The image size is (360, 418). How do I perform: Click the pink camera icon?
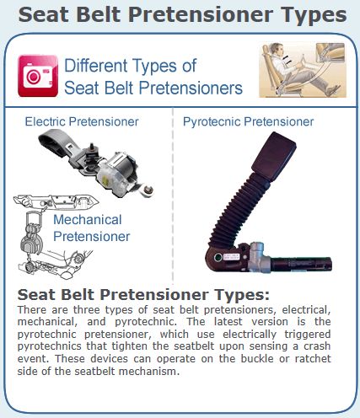point(38,76)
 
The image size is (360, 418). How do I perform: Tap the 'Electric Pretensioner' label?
point(82,121)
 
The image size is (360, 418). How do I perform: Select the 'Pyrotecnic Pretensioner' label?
point(248,121)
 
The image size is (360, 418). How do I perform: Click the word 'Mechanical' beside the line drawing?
point(88,219)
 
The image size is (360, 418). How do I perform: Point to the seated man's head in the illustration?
point(277,51)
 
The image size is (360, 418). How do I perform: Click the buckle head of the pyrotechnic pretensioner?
point(274,155)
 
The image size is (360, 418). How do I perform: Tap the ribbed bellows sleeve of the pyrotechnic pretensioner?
point(238,209)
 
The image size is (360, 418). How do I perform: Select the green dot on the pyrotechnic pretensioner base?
point(218,257)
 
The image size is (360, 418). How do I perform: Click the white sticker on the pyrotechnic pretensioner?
point(231,257)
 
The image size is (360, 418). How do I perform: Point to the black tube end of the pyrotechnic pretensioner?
point(301,264)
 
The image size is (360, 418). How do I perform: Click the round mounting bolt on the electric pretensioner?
point(148,191)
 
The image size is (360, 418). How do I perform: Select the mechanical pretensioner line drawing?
point(53,237)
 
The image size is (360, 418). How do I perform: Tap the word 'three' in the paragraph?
point(87,309)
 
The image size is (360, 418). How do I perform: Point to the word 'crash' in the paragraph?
point(317,346)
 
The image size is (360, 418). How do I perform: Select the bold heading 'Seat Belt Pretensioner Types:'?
point(143,295)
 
